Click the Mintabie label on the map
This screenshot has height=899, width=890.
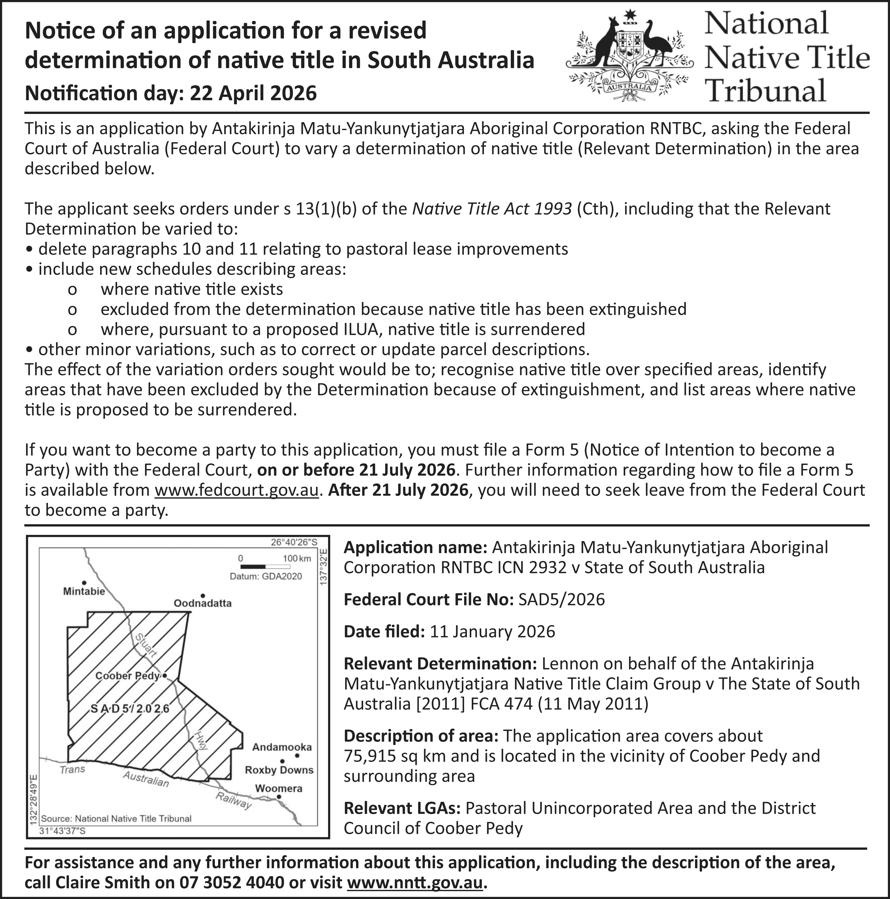click(x=84, y=591)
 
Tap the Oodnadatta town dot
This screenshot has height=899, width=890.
click(x=203, y=596)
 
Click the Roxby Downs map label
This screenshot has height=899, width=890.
click(x=279, y=770)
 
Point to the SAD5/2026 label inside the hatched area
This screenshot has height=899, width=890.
click(x=129, y=709)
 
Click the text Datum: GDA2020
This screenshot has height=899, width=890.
click(x=266, y=576)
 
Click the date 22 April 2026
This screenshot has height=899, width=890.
click(x=254, y=93)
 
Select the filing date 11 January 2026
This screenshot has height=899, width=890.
click(x=492, y=632)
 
